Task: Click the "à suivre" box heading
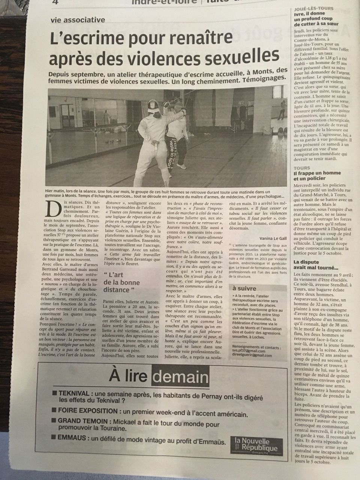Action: [244, 288]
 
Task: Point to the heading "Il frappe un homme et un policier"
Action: [312, 176]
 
